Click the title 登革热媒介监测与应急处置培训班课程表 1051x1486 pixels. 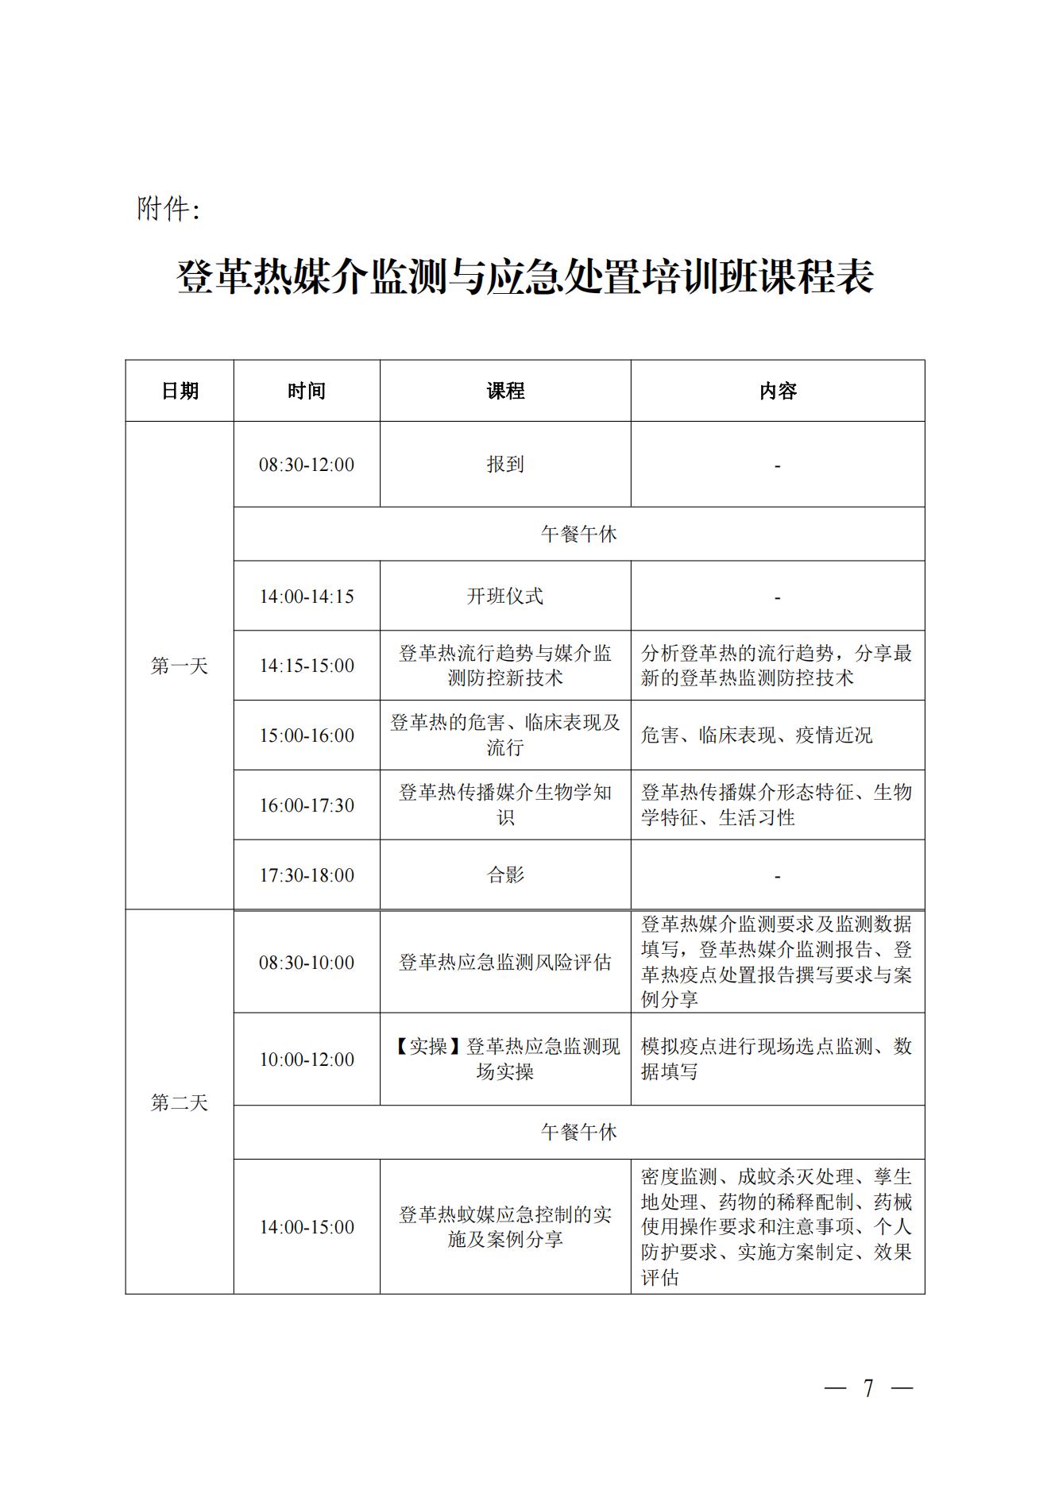(x=525, y=276)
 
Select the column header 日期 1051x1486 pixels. (x=180, y=391)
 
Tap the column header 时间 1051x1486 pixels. (x=307, y=391)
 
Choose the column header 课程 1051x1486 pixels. (x=505, y=391)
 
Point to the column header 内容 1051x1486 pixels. (x=778, y=391)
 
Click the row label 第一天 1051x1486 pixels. (x=180, y=666)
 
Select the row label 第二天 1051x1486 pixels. (x=180, y=1102)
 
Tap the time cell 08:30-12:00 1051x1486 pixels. (x=307, y=465)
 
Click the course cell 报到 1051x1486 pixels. (x=505, y=465)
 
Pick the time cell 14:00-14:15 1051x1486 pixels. (x=307, y=596)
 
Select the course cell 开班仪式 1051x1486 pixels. (x=505, y=596)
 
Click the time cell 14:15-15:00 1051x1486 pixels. (x=307, y=666)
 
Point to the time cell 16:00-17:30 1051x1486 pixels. (x=307, y=805)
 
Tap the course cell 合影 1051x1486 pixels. (x=505, y=875)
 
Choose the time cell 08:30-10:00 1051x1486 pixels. (x=307, y=963)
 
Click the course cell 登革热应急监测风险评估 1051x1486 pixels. (x=505, y=963)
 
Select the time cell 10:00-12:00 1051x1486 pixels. (x=307, y=1059)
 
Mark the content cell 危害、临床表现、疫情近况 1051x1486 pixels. (x=756, y=735)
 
